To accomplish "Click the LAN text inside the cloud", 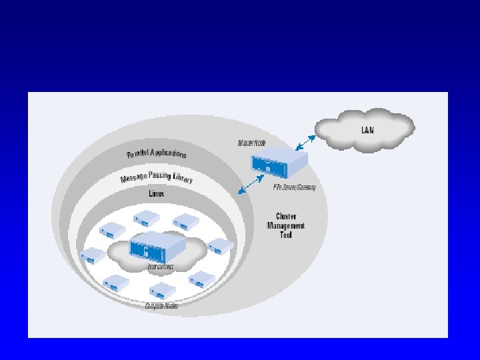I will (x=367, y=129).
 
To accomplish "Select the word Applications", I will (x=169, y=153).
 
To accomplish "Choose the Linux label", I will (x=156, y=193).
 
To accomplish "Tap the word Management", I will (x=286, y=225).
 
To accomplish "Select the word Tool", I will (x=286, y=235).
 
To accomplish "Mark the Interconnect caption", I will (x=161, y=267).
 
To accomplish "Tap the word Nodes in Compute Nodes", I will (x=171, y=306).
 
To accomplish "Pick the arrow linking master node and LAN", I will (x=305, y=141).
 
